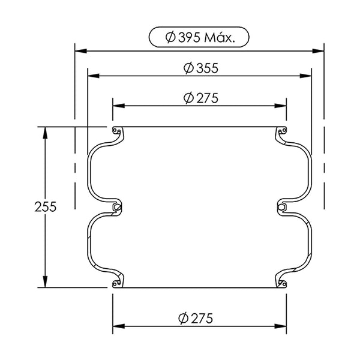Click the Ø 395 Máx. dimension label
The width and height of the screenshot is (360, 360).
(x=199, y=37)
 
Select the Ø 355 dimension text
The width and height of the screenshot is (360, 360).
(x=201, y=68)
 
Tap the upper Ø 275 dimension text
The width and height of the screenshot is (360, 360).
(x=201, y=98)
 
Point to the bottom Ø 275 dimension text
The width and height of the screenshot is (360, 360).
(x=196, y=318)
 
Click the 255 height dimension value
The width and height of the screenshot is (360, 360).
(x=46, y=206)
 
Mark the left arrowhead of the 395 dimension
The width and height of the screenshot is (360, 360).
(x=81, y=51)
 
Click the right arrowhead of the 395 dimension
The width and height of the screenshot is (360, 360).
(x=318, y=51)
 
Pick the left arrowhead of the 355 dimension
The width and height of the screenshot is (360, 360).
(x=94, y=76)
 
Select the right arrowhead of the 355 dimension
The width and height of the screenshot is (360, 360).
(x=305, y=76)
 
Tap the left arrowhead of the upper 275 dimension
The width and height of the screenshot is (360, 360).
(x=119, y=106)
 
